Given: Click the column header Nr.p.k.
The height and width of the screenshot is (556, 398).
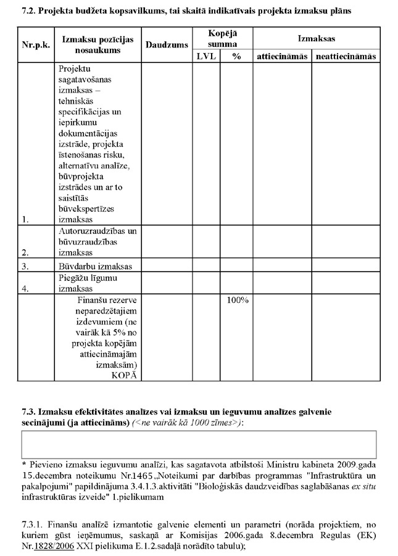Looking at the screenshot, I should click(35, 45).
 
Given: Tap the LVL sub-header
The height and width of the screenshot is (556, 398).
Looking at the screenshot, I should click(205, 56).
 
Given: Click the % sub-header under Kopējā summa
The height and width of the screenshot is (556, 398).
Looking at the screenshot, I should click(236, 56).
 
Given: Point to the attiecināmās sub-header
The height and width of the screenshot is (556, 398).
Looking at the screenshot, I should click(281, 56).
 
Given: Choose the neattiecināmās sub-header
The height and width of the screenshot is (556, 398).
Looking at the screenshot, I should click(345, 56).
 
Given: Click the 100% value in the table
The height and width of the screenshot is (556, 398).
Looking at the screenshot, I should click(236, 301).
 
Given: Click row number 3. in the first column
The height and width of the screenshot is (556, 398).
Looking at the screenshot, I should click(25, 267).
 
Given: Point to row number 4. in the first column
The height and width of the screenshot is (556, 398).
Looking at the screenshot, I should click(25, 288).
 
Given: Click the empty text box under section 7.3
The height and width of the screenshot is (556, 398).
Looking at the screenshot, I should click(199, 444).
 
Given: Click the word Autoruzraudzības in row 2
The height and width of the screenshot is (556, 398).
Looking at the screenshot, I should click(97, 231).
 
